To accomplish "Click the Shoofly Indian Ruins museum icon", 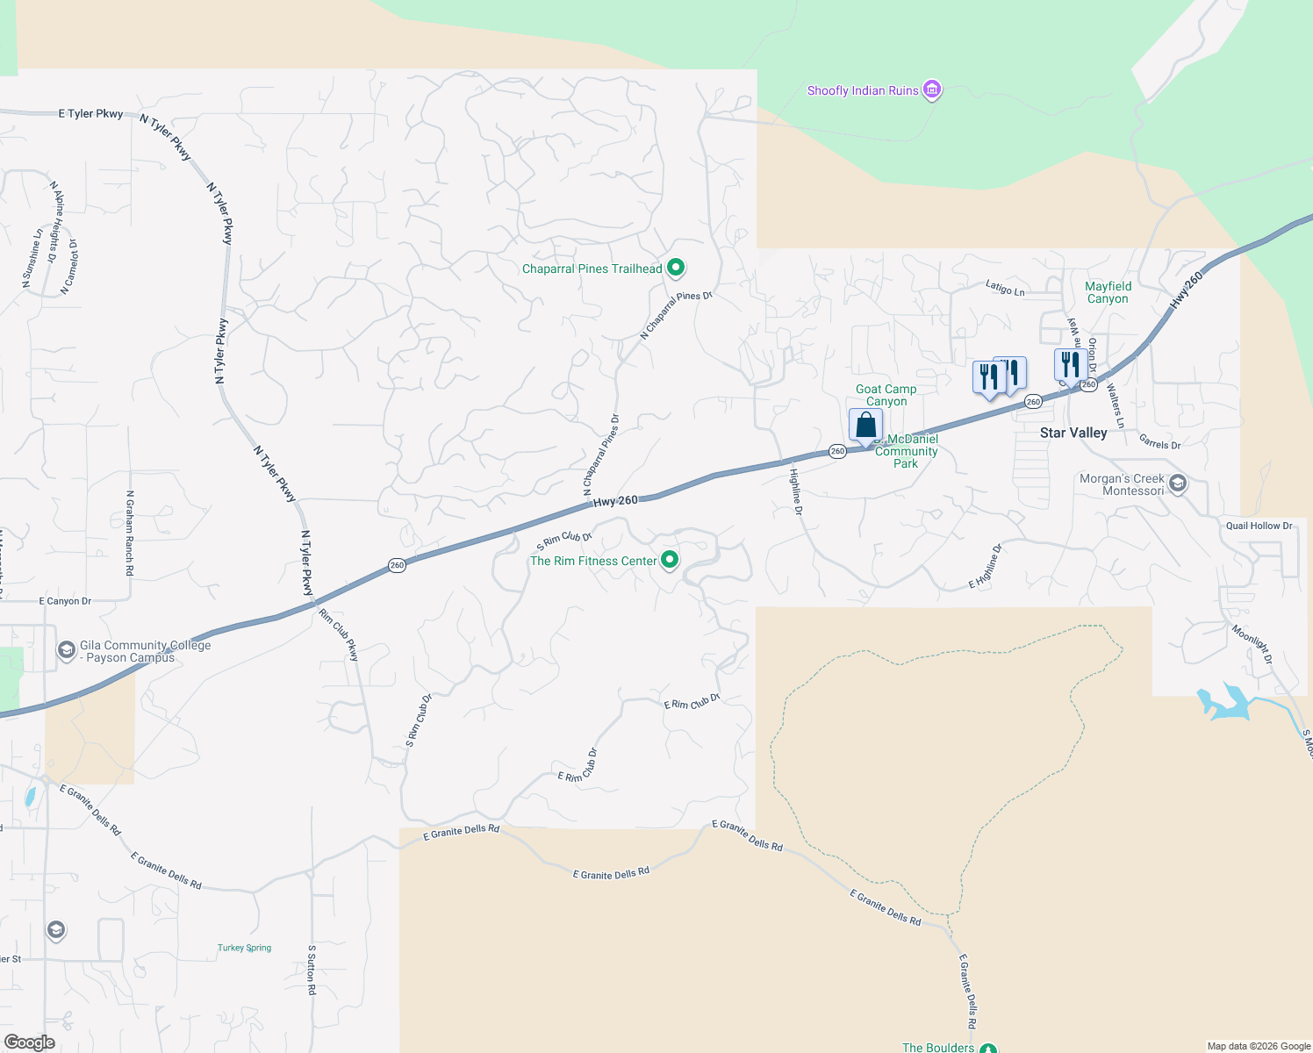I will point(932,90).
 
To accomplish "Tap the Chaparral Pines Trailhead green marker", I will point(675,268).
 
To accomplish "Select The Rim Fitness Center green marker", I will point(670,560).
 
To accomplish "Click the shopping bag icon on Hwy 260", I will point(865,426).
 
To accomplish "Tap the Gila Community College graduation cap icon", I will point(66,650).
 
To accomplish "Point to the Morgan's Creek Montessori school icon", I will point(1178,484).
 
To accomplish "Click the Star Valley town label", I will point(1073,433).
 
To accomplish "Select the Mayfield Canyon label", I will point(1108,292).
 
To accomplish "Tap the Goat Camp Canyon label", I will point(886,395).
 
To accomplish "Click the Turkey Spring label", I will point(244,948).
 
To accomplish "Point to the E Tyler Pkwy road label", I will point(90,113).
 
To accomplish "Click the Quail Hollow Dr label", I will point(1259,526).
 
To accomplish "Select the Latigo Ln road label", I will point(1005,287).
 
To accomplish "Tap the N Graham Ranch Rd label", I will point(130,533).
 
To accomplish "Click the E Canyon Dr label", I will point(65,601).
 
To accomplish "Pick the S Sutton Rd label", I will point(312,970).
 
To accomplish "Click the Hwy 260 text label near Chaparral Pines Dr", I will point(615,501).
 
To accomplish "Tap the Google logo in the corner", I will point(29,1042).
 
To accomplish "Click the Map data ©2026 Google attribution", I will point(1259,1046).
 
